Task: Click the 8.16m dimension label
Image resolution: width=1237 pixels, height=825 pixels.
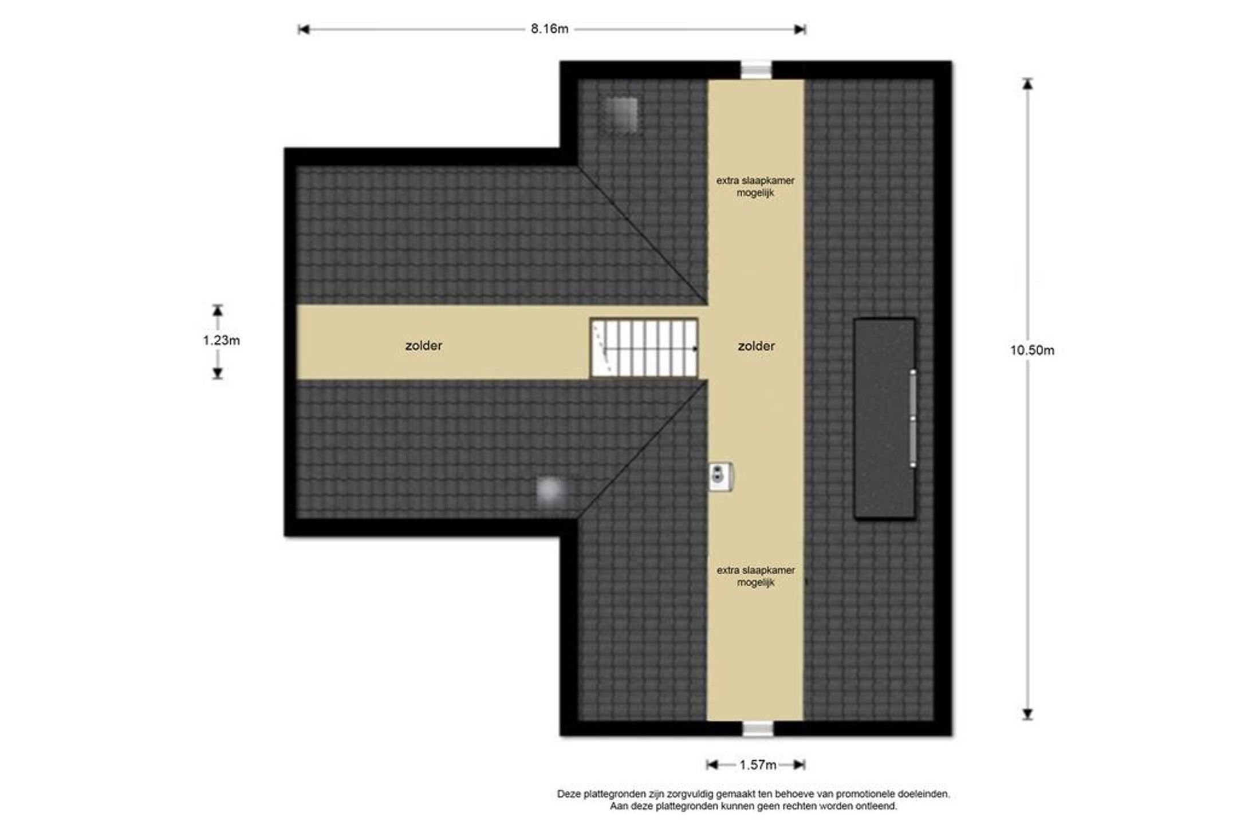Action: (549, 29)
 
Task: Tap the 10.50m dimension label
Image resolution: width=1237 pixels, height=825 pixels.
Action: (1032, 350)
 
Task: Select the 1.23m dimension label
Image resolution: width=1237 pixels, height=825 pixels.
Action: (221, 341)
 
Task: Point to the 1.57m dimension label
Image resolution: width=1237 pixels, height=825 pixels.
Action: (758, 765)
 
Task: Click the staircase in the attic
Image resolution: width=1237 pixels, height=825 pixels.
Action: (644, 348)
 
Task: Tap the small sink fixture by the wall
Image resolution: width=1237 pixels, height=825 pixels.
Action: (721, 476)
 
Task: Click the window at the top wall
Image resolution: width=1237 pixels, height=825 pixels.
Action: (757, 70)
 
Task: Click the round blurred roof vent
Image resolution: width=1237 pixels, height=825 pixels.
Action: (551, 491)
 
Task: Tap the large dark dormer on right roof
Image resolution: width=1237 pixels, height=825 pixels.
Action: (885, 419)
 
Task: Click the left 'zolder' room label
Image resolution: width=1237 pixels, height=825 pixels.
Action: (424, 346)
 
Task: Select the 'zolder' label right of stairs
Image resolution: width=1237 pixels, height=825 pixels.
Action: (756, 346)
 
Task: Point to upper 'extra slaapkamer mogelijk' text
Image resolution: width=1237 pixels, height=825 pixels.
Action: (755, 187)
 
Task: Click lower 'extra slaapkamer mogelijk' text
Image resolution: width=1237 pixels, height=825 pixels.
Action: (755, 577)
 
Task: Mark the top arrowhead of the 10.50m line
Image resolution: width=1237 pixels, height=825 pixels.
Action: (1028, 84)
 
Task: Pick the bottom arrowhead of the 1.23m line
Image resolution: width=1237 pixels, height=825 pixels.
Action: (218, 374)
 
